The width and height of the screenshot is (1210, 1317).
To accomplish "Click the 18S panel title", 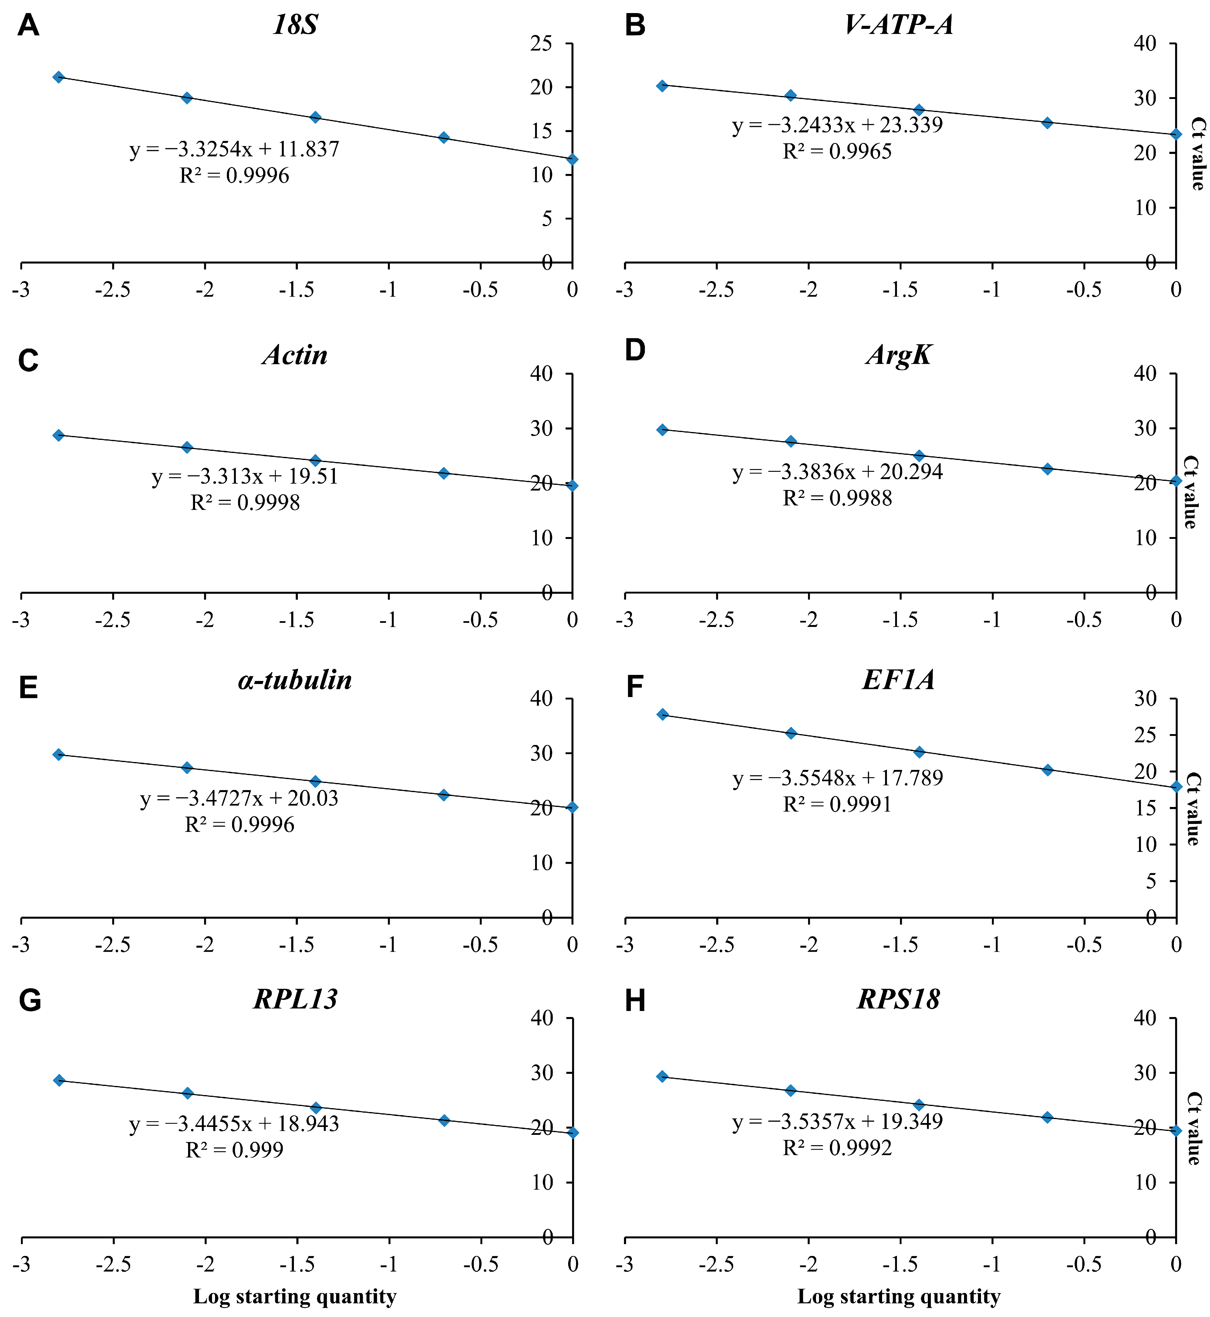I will point(295,25).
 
